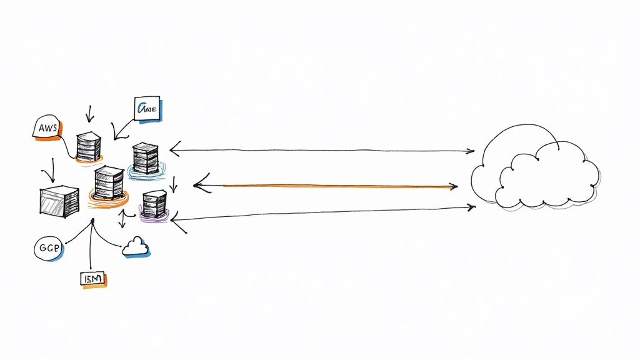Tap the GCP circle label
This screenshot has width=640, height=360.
[x=48, y=248]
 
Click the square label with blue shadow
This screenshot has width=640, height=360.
[x=147, y=108]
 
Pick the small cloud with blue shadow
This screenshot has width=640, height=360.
[x=136, y=247]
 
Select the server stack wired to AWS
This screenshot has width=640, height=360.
[x=88, y=146]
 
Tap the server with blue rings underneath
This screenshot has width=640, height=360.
[x=145, y=159]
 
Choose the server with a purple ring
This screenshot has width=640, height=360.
[x=154, y=205]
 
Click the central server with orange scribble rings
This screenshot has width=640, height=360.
[x=108, y=184]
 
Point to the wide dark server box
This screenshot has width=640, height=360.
[x=58, y=201]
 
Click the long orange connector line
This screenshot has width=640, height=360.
[x=331, y=186]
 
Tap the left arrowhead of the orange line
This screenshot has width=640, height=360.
[x=199, y=185]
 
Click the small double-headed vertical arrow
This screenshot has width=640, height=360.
[x=123, y=219]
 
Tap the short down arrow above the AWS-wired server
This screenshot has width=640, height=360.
[x=89, y=114]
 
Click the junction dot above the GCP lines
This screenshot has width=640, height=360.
[x=92, y=221]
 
